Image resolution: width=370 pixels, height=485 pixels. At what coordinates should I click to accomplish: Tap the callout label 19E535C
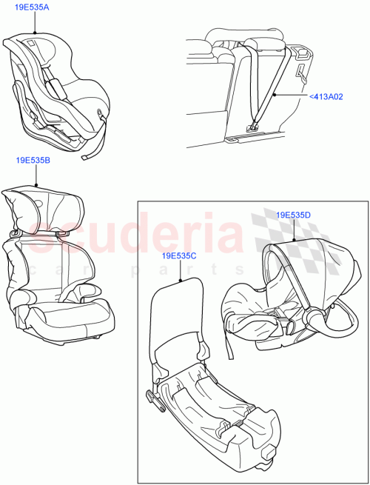coord(180,256)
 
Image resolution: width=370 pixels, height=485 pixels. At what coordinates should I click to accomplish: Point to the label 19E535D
coord(293,215)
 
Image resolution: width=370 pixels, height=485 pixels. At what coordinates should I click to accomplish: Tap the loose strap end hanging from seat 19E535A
coord(90,154)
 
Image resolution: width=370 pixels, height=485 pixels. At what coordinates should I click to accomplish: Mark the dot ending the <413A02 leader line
coord(275,96)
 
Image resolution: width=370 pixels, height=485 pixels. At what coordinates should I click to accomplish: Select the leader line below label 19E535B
coord(35,176)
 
